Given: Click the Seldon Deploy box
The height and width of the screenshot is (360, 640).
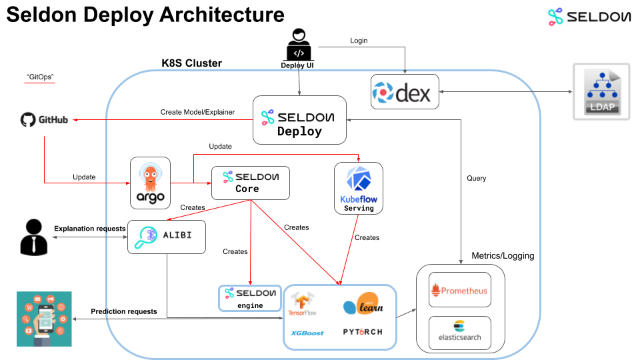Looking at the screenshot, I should (x=299, y=120).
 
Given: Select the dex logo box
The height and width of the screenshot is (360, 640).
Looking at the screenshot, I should (x=405, y=92).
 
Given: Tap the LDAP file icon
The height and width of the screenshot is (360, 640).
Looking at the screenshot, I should (x=601, y=91).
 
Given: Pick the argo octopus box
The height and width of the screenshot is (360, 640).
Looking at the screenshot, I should (x=150, y=183).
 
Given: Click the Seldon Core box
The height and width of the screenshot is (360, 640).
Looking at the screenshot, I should (x=251, y=183).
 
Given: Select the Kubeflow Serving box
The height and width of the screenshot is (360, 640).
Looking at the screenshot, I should (x=359, y=188).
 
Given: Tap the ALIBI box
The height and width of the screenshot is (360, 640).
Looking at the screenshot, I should (x=166, y=237).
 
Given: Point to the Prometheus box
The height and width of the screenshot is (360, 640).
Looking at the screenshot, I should (x=459, y=289).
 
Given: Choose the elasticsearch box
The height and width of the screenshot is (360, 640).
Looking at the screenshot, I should (x=459, y=331).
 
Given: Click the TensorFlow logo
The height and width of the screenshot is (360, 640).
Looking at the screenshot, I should (x=302, y=304).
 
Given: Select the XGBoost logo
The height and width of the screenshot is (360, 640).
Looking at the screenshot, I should (x=307, y=333).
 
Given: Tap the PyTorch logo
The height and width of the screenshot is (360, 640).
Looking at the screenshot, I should (x=363, y=332).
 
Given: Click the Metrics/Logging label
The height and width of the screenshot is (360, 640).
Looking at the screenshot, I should (x=503, y=255).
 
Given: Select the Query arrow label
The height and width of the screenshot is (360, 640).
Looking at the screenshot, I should (x=476, y=178).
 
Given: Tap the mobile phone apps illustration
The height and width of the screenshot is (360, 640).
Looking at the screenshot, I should (x=44, y=319).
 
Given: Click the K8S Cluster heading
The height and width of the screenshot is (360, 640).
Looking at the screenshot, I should (x=191, y=63).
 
